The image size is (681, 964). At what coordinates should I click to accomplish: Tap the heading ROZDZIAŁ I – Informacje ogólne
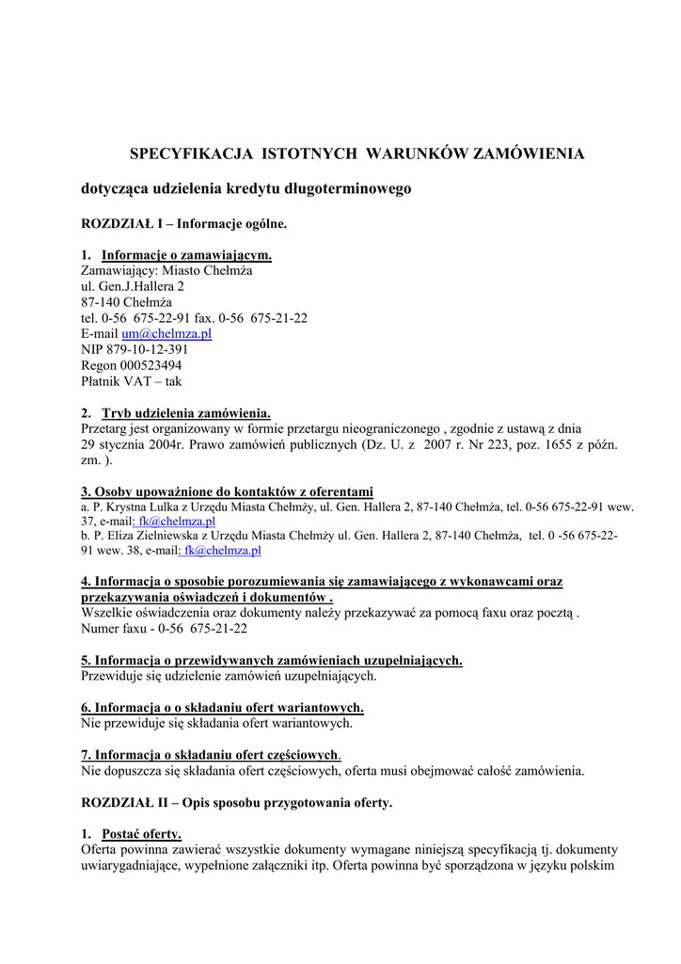pyautogui.click(x=183, y=224)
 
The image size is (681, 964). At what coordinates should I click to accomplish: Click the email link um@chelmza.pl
pyautogui.click(x=166, y=334)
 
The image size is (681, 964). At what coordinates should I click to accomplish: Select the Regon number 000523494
pyautogui.click(x=150, y=365)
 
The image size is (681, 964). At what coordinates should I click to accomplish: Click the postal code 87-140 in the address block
pyautogui.click(x=102, y=302)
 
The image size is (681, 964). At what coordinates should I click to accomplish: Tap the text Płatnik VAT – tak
pyautogui.click(x=132, y=381)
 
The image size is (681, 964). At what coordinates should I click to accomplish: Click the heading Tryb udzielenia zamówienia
pyautogui.click(x=185, y=412)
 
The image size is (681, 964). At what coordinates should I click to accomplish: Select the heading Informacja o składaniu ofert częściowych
pyautogui.click(x=210, y=755)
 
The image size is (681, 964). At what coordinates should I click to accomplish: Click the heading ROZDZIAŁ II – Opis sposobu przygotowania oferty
pyautogui.click(x=237, y=803)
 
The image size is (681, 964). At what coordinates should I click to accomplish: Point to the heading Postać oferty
pyautogui.click(x=141, y=834)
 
